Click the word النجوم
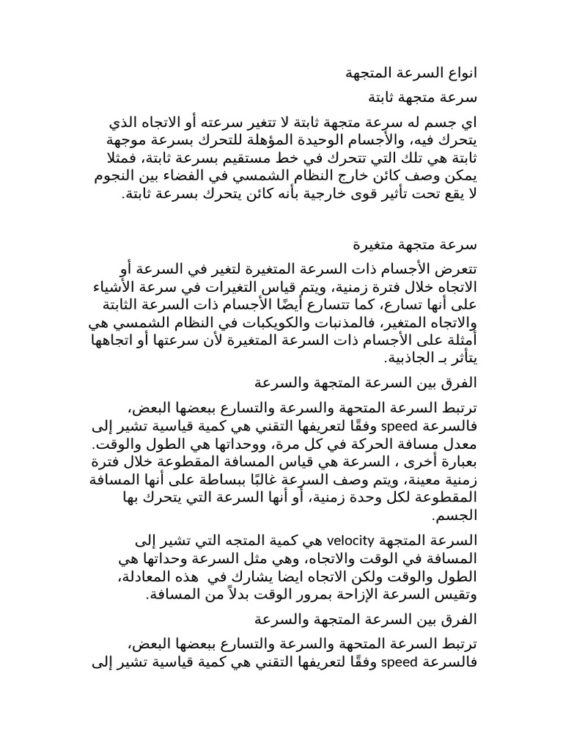[120, 177]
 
